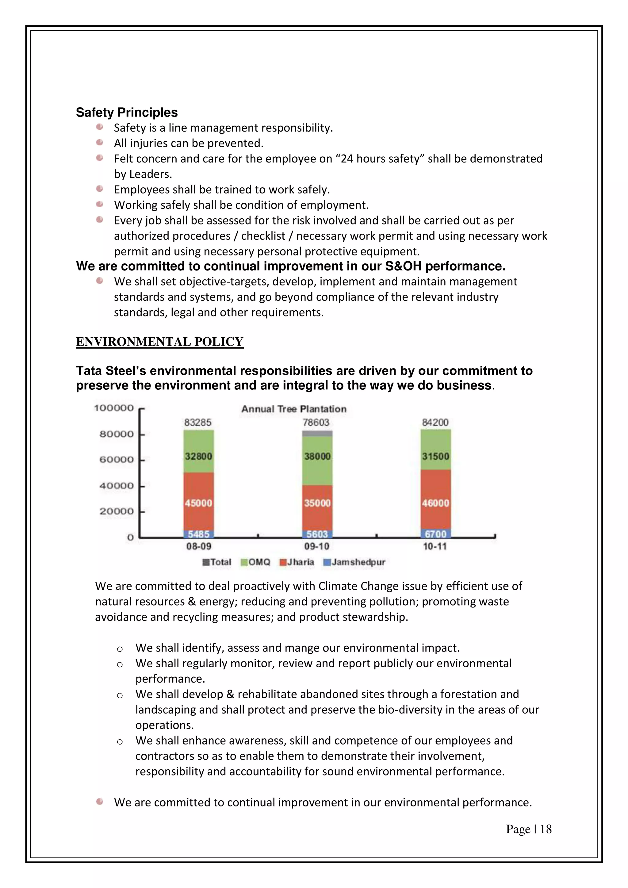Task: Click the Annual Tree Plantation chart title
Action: (x=293, y=409)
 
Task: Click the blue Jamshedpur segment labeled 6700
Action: (x=435, y=534)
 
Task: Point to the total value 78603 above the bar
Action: (x=316, y=422)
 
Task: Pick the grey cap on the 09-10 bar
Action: (x=317, y=434)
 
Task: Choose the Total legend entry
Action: (x=216, y=562)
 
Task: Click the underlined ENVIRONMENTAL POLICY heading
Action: (x=159, y=342)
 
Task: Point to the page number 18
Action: (x=546, y=829)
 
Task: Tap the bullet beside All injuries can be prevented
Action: (x=99, y=143)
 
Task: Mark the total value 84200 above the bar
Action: (x=435, y=422)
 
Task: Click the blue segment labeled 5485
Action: (x=198, y=534)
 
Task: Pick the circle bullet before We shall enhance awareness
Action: (x=120, y=742)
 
